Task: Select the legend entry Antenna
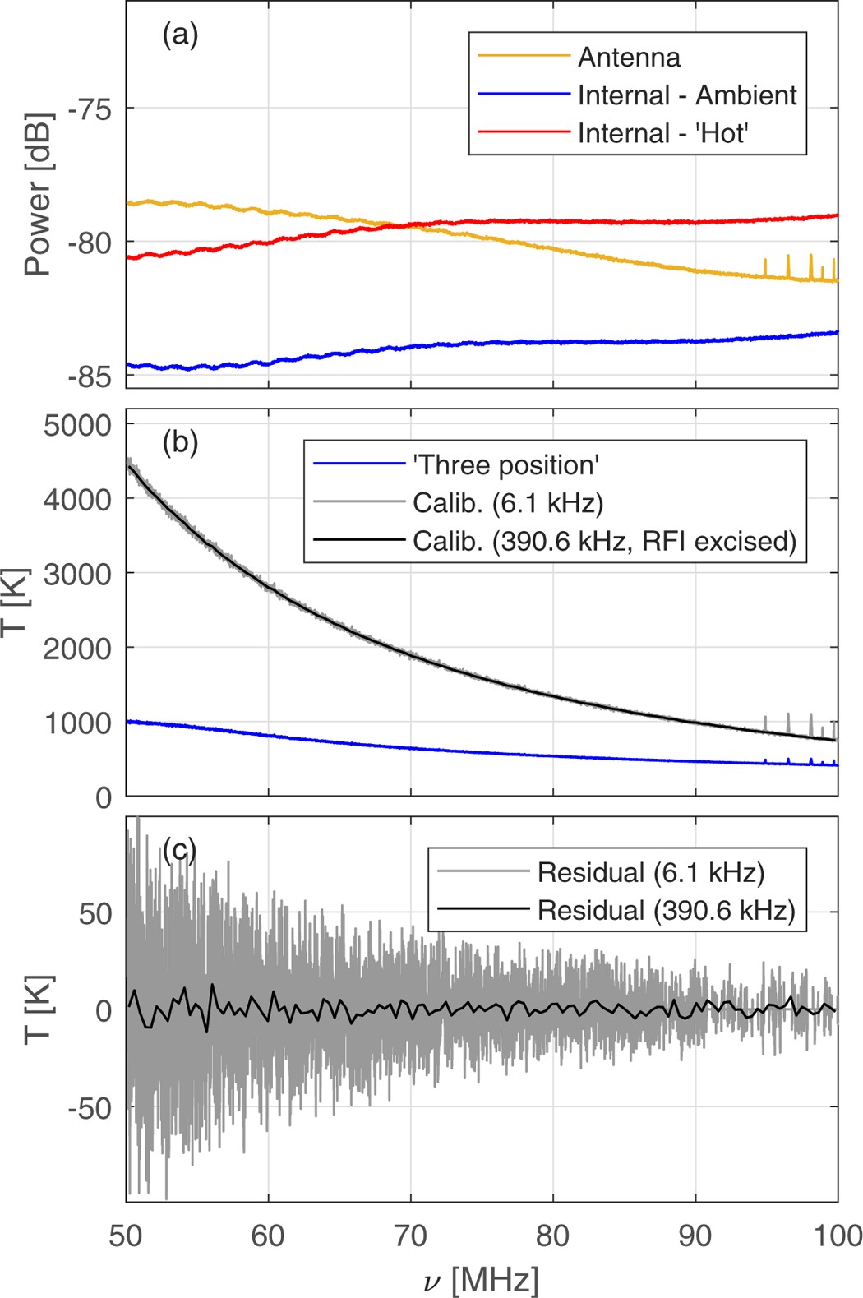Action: pos(629,58)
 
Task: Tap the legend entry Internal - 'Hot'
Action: pos(662,133)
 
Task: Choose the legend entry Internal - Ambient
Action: pos(686,95)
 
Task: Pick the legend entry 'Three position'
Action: pos(505,465)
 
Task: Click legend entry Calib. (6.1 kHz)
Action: pos(507,503)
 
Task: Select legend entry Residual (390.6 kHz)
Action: pos(666,911)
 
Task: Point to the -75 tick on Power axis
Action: pos(90,109)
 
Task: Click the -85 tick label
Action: pos(90,377)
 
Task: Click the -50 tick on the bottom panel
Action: pos(90,1108)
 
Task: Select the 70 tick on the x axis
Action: pos(410,1236)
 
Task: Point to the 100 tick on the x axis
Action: pos(837,1236)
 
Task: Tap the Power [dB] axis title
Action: pos(37,195)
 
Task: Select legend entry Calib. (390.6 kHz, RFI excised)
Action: pos(604,542)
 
